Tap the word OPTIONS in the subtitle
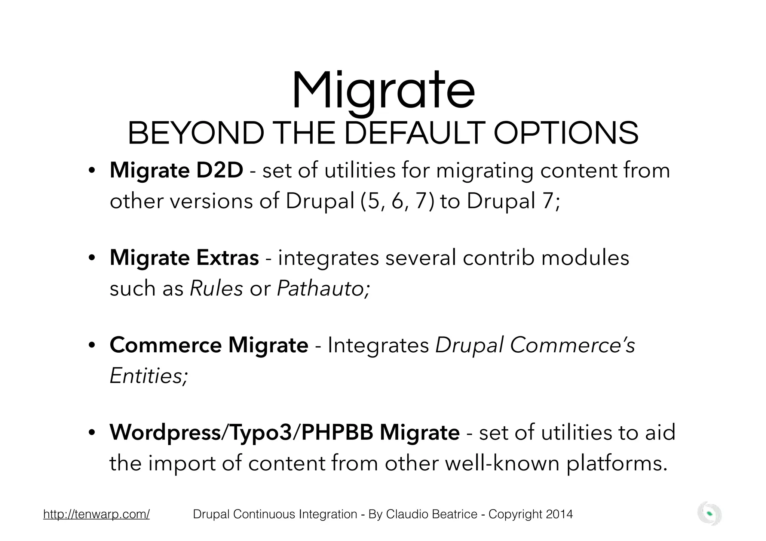(566, 134)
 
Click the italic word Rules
(216, 288)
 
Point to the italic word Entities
(148, 375)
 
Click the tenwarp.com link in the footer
(96, 514)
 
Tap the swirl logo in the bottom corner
(710, 514)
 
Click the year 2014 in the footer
(559, 514)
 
